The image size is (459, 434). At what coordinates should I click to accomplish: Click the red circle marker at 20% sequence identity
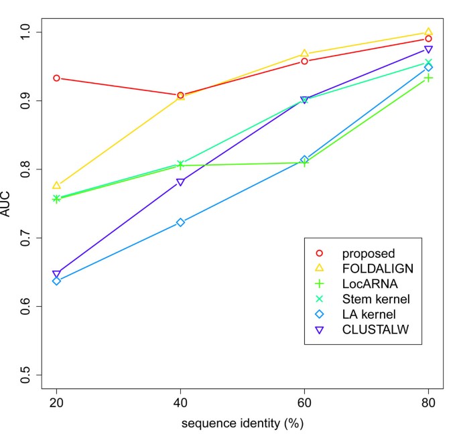pos(56,78)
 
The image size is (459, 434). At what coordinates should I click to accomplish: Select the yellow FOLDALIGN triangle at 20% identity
pos(56,185)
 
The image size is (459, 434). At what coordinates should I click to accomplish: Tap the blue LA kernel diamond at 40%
pos(180,222)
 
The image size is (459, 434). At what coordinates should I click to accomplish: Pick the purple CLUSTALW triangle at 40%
pos(180,182)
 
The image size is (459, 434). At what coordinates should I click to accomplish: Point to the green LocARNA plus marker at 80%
pos(428,78)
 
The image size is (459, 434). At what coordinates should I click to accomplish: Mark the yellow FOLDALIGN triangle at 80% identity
pos(428,31)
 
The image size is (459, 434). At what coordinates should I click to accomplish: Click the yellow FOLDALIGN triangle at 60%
pos(304,53)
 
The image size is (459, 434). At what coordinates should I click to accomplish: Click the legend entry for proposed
pos(368,254)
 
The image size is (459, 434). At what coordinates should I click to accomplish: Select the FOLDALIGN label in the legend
pos(376,269)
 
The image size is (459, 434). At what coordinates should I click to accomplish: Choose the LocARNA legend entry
pos(367,284)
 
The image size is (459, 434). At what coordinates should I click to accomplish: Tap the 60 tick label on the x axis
pos(304,404)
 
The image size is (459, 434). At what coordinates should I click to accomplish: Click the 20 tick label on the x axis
pos(56,404)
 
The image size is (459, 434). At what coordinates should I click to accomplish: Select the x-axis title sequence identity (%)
pos(243,424)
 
